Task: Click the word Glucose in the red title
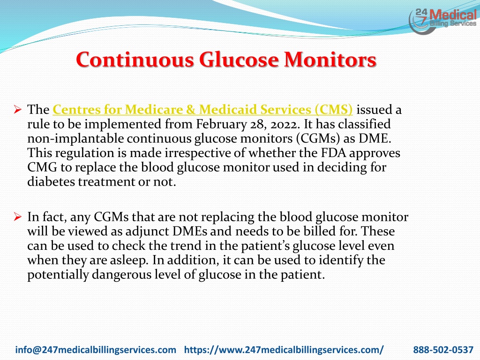[x=239, y=60]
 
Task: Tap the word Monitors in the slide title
[x=330, y=60]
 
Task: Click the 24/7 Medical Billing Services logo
[x=443, y=20]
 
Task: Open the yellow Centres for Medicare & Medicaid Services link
[x=202, y=110]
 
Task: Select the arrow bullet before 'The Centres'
[x=18, y=109]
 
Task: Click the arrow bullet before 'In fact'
[x=18, y=217]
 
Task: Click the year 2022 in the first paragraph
[x=284, y=124]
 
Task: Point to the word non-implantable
[x=75, y=139]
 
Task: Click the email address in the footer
[x=96, y=350]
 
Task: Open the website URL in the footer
[x=284, y=350]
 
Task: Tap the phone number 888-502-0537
[x=443, y=350]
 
